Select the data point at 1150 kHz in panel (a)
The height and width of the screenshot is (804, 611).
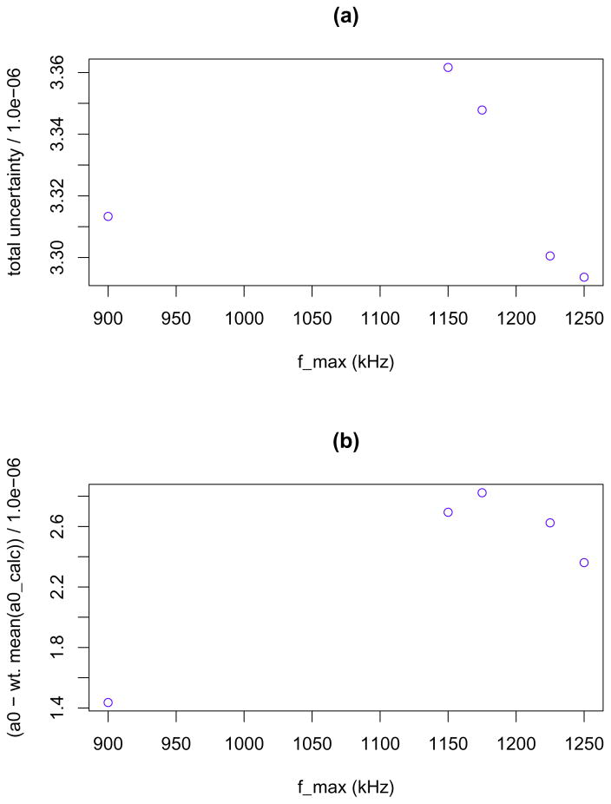pos(448,68)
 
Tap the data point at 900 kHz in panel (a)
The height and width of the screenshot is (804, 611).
pos(108,216)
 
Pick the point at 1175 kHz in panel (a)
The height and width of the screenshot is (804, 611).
pos(482,110)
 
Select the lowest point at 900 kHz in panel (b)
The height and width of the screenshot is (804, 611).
pos(108,702)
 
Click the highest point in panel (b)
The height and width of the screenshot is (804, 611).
pos(482,493)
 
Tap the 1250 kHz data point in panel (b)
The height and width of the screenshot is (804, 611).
pos(584,563)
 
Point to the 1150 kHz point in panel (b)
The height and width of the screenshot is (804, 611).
pos(448,512)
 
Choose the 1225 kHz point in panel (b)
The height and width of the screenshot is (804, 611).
pos(549,523)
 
